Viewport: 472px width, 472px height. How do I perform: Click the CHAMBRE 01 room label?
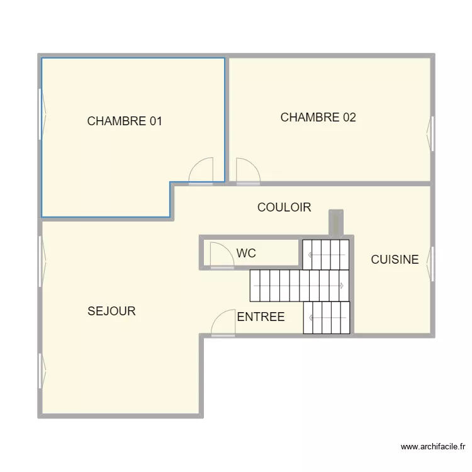pyautogui.click(x=125, y=121)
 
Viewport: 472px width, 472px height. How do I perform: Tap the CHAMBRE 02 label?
pyautogui.click(x=318, y=118)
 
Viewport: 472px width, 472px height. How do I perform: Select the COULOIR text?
pyautogui.click(x=284, y=207)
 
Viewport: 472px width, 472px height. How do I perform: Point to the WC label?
pyautogui.click(x=246, y=253)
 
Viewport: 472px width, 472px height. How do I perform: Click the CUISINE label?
pyautogui.click(x=395, y=259)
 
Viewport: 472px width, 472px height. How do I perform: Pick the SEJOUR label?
pyautogui.click(x=111, y=311)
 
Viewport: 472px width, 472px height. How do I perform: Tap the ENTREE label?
pyautogui.click(x=261, y=317)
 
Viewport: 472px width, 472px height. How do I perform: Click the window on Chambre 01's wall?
pyautogui.click(x=42, y=114)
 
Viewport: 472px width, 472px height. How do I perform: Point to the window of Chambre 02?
pyautogui.click(x=430, y=133)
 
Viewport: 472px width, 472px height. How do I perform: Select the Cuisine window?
pyautogui.click(x=430, y=264)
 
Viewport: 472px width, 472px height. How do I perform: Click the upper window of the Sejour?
pyautogui.click(x=42, y=261)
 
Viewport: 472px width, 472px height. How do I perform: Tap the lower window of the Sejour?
pyautogui.click(x=42, y=371)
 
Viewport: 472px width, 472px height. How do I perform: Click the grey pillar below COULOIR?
pyautogui.click(x=336, y=222)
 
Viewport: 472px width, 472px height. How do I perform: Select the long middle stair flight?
pyautogui.click(x=300, y=286)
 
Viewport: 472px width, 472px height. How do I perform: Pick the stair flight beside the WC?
pyautogui.click(x=326, y=255)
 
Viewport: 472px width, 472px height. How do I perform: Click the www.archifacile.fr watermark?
pyautogui.click(x=433, y=447)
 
